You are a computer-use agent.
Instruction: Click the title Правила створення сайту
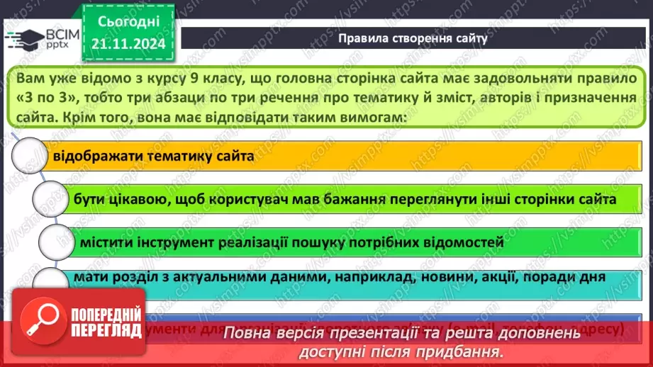click(x=413, y=38)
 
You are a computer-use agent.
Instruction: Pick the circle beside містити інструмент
click(x=57, y=242)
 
